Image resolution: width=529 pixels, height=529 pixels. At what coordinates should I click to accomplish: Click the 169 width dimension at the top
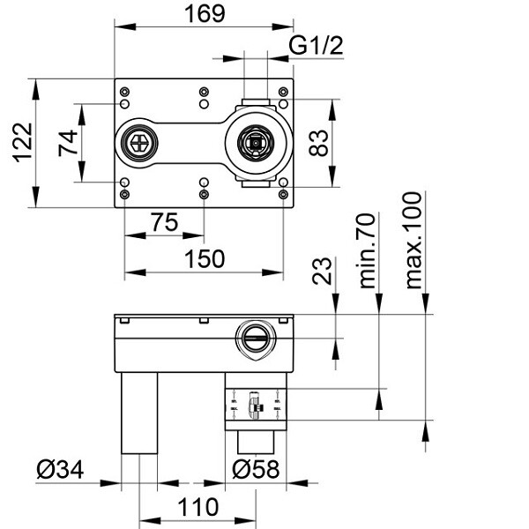coord(202,14)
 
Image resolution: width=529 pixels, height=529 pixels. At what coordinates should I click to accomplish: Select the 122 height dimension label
coord(23,142)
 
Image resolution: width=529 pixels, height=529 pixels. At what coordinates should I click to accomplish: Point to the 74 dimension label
coord(68,142)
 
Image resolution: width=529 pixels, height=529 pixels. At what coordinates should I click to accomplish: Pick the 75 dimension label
coord(163,223)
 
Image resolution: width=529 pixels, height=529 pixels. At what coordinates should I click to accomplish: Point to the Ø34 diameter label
coord(60,471)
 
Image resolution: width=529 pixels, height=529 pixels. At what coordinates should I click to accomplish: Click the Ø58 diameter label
coord(256,471)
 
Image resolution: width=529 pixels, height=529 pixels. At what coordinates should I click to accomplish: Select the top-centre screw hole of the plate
coord(204,92)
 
